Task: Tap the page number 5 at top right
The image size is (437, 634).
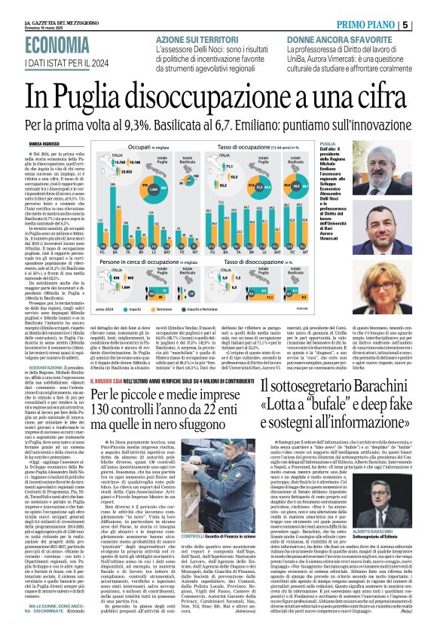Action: pyautogui.click(x=426, y=25)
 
